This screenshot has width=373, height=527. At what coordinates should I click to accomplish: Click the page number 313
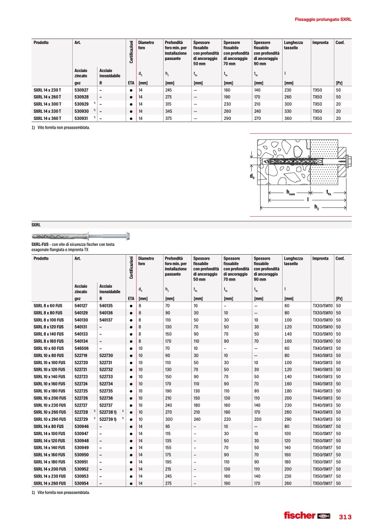click(x=345, y=517)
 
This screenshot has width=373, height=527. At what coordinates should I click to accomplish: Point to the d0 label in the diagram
click(x=252, y=176)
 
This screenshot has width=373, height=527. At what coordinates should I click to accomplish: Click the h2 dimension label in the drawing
click(x=316, y=207)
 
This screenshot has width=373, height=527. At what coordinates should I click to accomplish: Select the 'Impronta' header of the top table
click(x=320, y=42)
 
